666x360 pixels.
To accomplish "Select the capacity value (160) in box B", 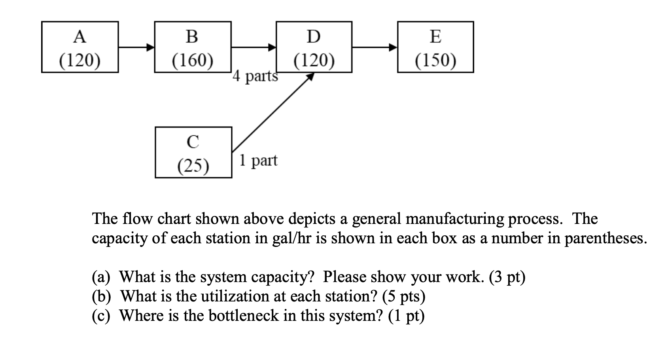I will point(193,61).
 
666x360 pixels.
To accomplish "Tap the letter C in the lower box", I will point(193,142).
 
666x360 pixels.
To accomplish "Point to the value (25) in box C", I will point(193,166).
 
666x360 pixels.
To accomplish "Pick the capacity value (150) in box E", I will point(435,61).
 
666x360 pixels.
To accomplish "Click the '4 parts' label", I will point(255,76).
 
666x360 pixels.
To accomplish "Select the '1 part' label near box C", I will point(258,160).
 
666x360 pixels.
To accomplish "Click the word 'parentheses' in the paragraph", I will point(605,238).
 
